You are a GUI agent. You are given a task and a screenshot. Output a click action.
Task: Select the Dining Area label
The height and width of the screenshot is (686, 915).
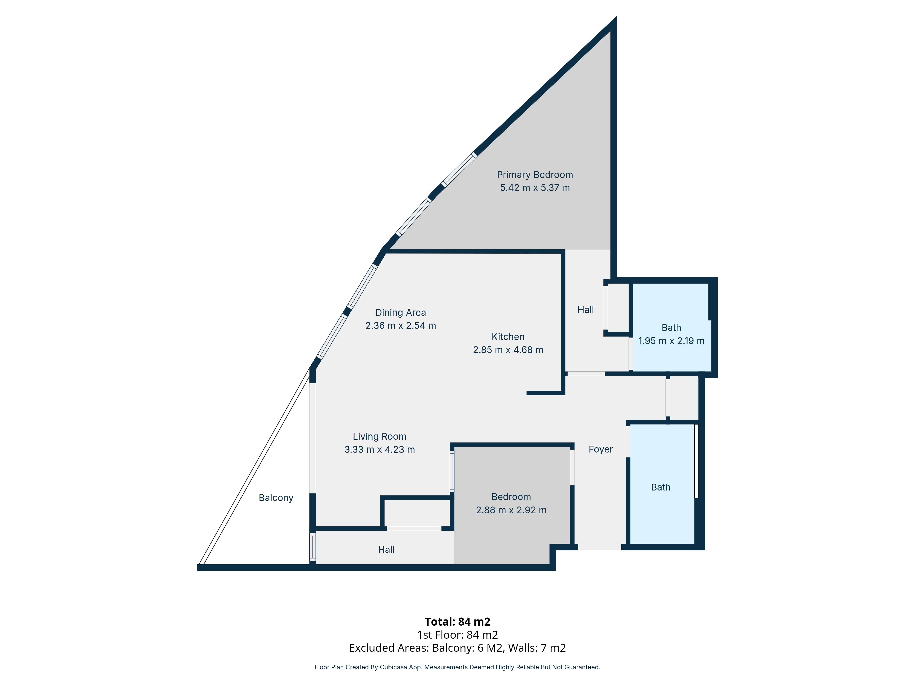coord(400,313)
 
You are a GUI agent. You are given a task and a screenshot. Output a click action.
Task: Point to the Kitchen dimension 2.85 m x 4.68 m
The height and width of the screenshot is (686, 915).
coord(508,350)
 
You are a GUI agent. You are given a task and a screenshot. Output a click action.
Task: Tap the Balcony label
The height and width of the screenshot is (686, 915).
coord(276,498)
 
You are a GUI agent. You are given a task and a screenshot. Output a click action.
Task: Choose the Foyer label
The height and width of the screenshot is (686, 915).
coord(601,450)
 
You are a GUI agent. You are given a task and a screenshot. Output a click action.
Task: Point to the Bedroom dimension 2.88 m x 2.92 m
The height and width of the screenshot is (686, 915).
coord(511,510)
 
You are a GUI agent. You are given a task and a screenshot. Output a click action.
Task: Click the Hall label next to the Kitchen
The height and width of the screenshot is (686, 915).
coord(585,310)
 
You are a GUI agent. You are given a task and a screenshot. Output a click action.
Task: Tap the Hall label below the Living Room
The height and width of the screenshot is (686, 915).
coord(386,549)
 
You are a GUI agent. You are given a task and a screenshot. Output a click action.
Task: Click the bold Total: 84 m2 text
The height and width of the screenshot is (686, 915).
coord(457,622)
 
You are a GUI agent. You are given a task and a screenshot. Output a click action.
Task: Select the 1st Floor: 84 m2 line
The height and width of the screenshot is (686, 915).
coord(457,635)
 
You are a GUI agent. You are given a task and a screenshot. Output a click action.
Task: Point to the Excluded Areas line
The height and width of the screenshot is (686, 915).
coord(457,648)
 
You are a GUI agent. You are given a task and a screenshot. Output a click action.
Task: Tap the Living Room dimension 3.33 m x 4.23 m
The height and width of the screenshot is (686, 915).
coord(379,450)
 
